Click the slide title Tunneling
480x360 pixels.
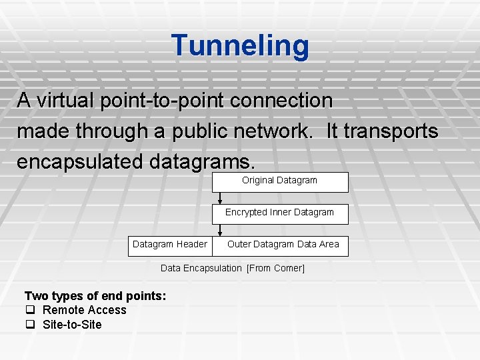coord(240,45)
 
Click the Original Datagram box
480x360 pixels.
coord(280,181)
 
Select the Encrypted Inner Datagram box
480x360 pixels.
coord(280,213)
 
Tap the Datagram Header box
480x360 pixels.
coord(170,245)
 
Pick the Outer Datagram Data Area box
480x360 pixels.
coord(283,245)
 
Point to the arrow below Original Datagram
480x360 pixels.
coord(221,198)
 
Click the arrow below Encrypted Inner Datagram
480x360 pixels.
coord(221,230)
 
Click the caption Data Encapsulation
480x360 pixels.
coord(201,268)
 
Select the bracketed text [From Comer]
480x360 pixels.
coord(275,268)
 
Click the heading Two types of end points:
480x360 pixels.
coord(95,295)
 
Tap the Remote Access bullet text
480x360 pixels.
coord(84,310)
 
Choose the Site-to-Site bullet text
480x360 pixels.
coord(72,325)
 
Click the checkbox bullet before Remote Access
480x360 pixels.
coord(29,310)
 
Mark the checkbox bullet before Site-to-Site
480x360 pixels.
coord(29,325)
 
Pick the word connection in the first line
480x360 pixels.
coord(287,101)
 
